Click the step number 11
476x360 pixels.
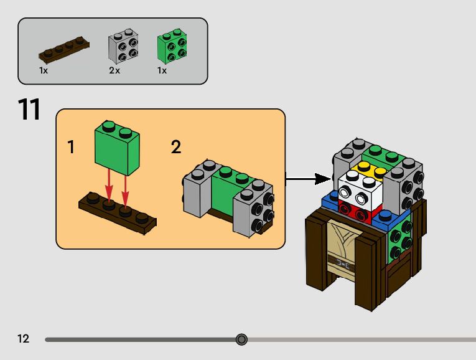29,109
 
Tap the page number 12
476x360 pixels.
24,338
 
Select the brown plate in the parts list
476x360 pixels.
64,48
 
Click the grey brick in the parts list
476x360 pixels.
123,45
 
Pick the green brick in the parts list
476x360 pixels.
172,45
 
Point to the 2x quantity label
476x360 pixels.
114,70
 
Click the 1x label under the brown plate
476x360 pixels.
44,70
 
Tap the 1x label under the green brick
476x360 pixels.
162,70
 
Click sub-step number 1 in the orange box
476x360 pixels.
71,147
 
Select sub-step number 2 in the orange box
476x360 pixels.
176,147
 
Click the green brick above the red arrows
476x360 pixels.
117,148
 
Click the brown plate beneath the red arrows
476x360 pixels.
118,213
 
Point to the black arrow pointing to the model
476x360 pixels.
308,179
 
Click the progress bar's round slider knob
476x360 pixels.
241,339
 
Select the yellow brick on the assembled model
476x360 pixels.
370,169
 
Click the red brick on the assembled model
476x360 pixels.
360,211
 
